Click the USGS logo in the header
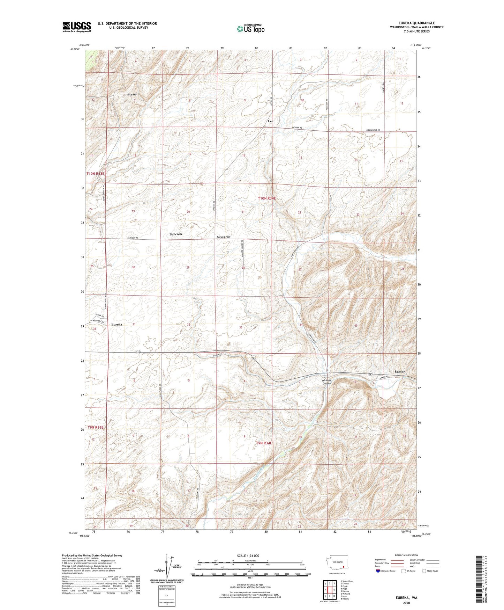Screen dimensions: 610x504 tap(77, 27)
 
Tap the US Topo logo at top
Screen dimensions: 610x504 tap(250, 28)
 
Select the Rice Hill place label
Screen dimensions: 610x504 tap(132, 95)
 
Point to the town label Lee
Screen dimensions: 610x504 tap(270, 121)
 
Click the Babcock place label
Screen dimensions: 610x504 tap(176, 234)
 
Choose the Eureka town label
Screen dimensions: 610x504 tap(117, 325)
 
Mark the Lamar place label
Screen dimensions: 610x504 tap(400, 372)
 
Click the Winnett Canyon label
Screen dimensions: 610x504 tap(327, 382)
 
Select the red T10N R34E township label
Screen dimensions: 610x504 tap(267, 198)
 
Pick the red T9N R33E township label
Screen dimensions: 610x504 tap(96, 427)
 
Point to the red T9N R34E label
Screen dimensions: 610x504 tap(264, 443)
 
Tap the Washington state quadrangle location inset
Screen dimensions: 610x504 tap(337, 565)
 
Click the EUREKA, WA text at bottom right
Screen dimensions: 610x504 tap(406, 597)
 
